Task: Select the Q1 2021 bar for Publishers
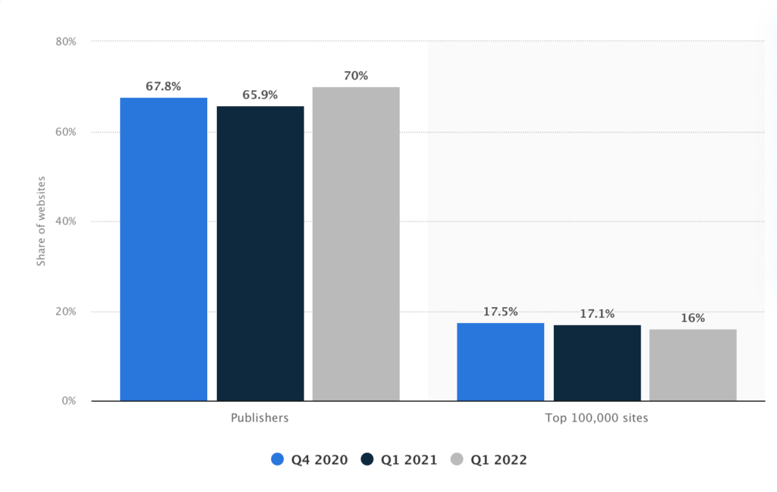(260, 253)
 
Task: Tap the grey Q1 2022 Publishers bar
(356, 243)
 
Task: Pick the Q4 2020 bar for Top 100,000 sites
(500, 362)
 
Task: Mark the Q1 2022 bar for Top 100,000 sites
(693, 365)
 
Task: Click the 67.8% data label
(163, 86)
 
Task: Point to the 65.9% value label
(260, 95)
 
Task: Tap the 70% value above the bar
(356, 76)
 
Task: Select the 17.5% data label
(500, 312)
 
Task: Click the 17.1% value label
(597, 313)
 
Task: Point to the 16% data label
(693, 318)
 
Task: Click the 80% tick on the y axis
(66, 41)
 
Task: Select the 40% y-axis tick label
(66, 221)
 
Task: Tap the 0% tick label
(69, 401)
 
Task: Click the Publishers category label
(260, 418)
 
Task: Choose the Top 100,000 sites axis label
(596, 418)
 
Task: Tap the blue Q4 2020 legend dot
(277, 459)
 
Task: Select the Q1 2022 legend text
(499, 459)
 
